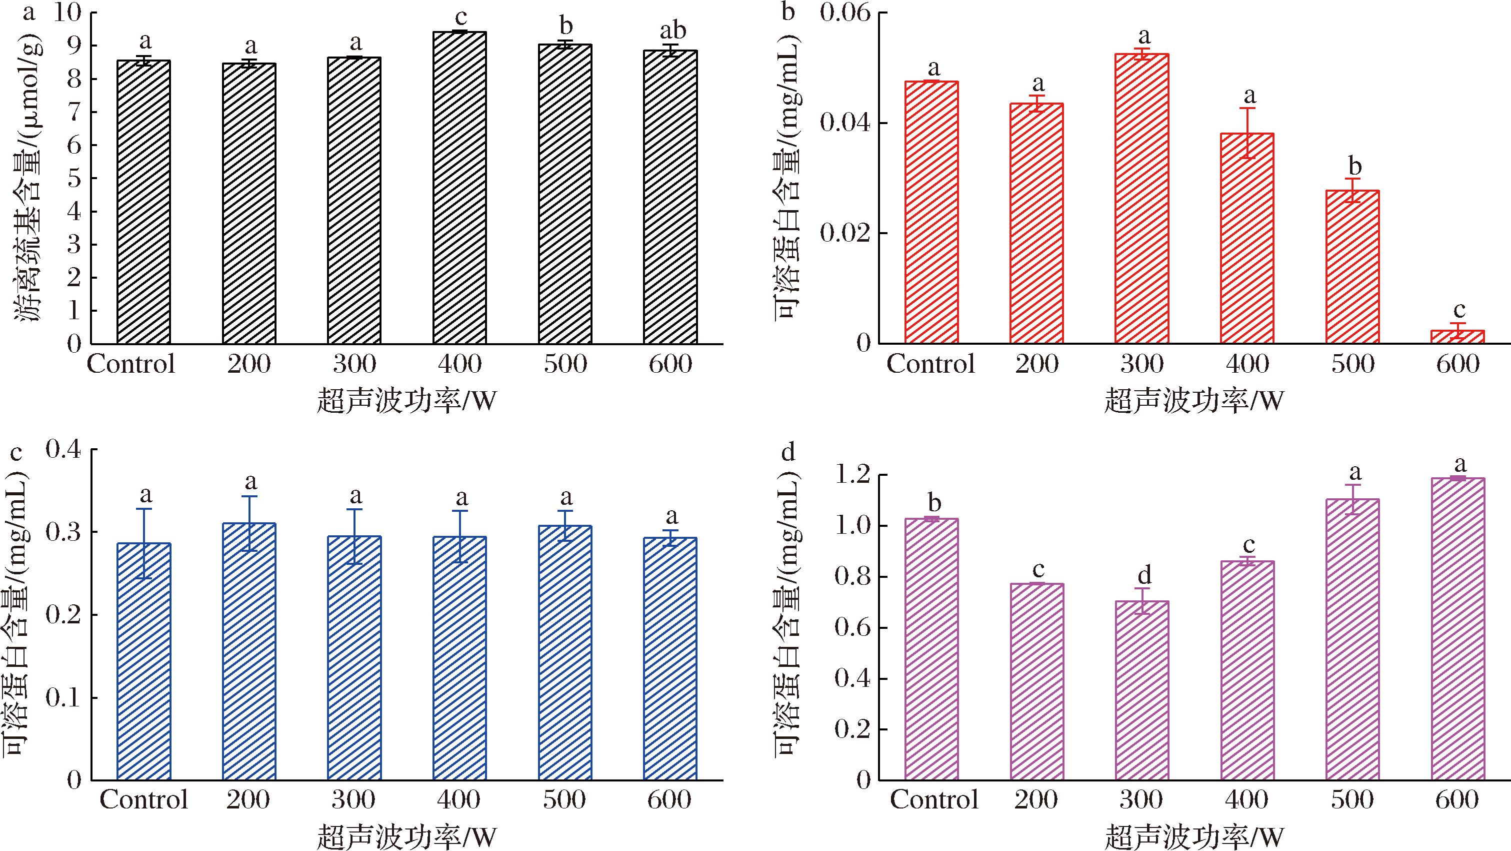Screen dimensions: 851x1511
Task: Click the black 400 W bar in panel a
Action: [x=459, y=188]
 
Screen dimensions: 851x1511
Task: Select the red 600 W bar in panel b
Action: [x=1457, y=337]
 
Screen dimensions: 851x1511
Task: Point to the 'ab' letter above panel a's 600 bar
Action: [x=671, y=31]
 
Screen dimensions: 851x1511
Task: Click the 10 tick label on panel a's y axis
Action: [x=68, y=13]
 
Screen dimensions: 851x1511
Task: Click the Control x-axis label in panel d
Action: [x=934, y=799]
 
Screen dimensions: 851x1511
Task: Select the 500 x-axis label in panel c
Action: [x=564, y=799]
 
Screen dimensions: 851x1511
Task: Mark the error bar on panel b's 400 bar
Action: [x=1247, y=133]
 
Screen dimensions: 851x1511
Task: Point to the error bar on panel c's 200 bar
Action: [x=249, y=523]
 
